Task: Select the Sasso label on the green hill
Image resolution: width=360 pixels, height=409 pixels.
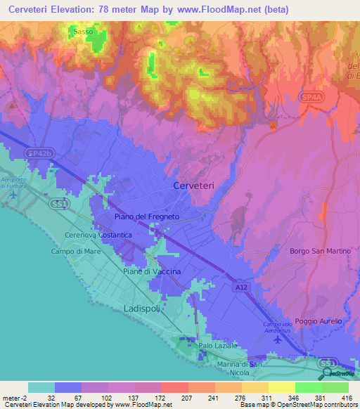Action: click(x=83, y=32)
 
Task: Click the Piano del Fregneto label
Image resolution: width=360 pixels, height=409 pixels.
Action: click(x=147, y=218)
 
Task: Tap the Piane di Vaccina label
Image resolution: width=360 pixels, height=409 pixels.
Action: click(x=152, y=271)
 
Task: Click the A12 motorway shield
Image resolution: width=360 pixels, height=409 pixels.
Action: click(x=240, y=287)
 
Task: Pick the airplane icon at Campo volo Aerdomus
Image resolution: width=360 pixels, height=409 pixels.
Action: click(x=276, y=339)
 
